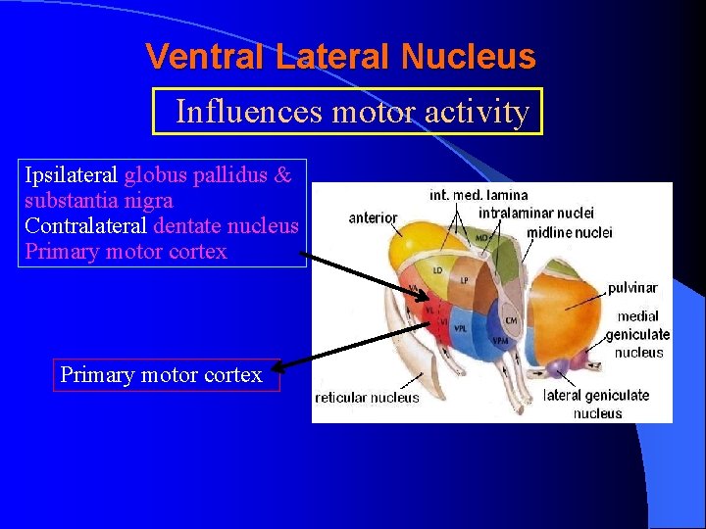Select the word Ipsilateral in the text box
(71, 176)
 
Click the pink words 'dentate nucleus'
(226, 226)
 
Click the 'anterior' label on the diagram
(374, 217)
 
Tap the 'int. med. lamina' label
(479, 195)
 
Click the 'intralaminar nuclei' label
(536, 213)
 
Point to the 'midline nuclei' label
(569, 232)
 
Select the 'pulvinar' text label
(632, 288)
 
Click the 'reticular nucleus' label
(367, 398)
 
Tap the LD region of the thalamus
(438, 268)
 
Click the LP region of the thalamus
(465, 281)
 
